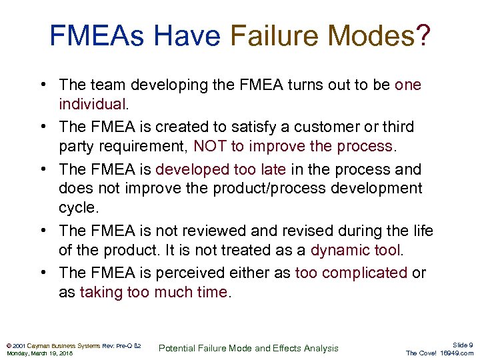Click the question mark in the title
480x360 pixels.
point(421,36)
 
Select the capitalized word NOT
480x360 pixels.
point(211,146)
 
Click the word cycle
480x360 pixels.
point(78,207)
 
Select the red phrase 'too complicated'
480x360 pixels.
point(351,273)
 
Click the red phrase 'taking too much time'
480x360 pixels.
point(153,292)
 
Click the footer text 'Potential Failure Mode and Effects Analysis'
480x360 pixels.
point(248,348)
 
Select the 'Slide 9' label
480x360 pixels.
point(462,345)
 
